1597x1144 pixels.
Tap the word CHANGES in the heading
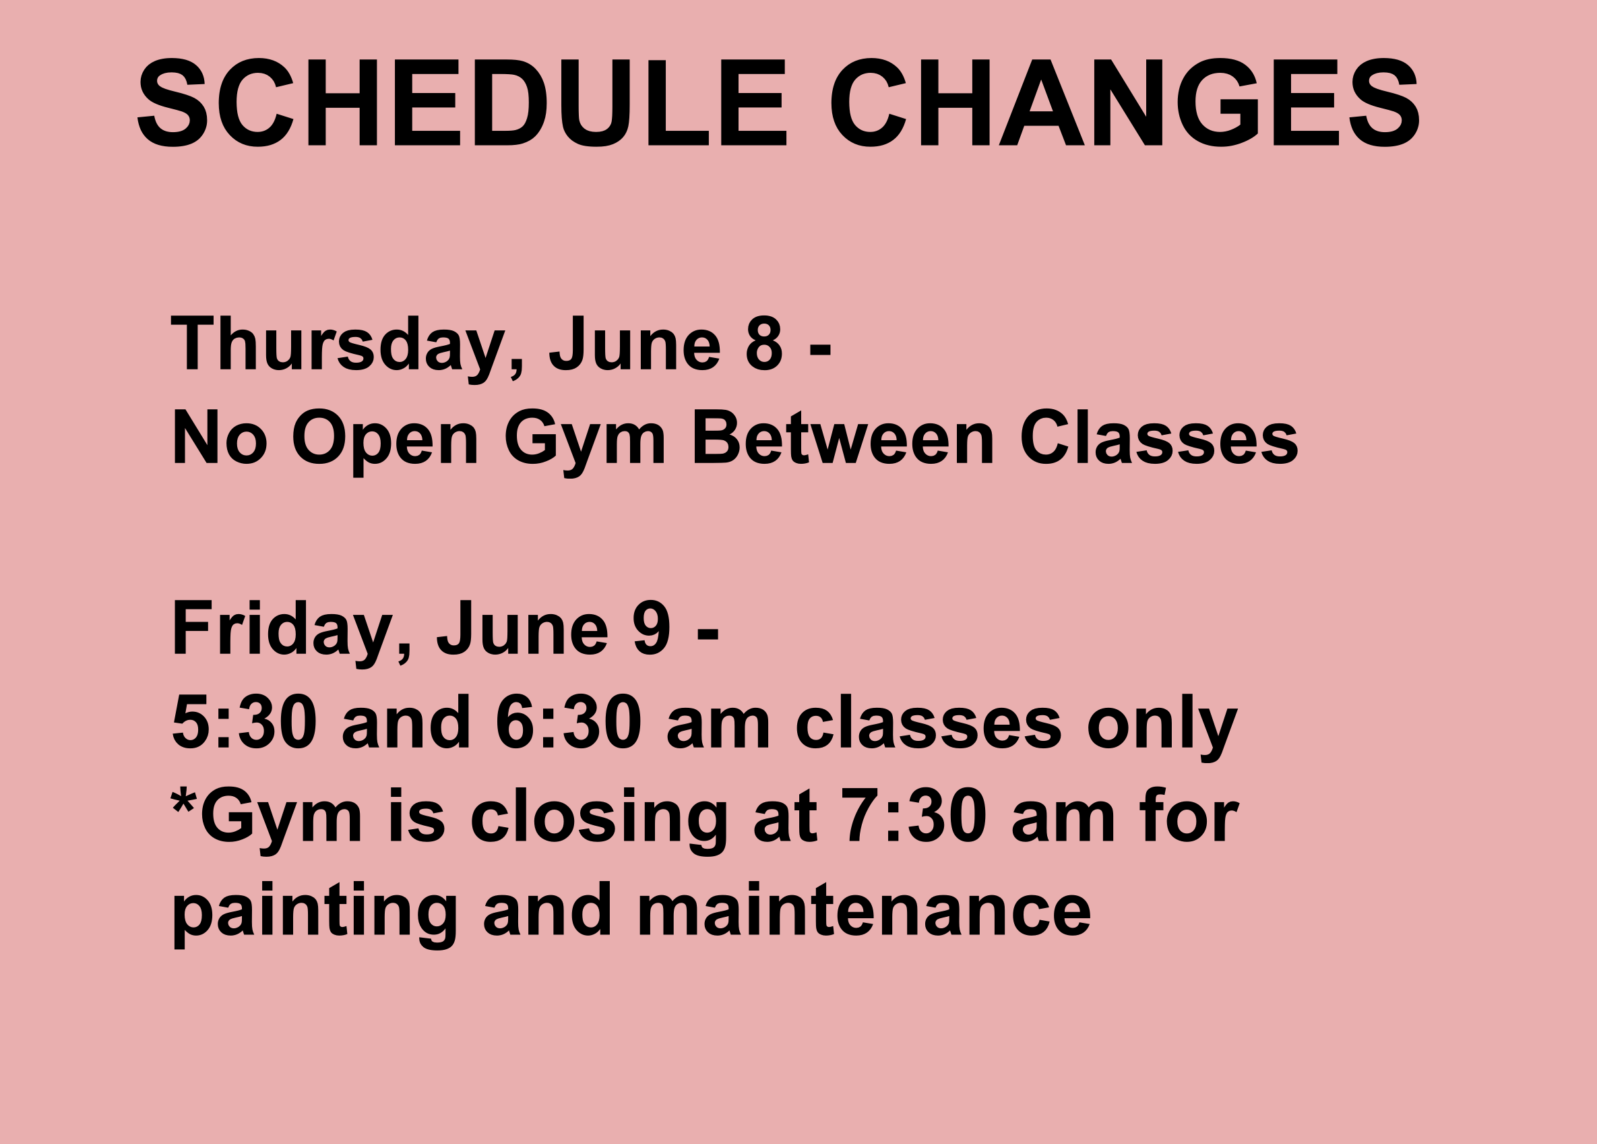point(1126,102)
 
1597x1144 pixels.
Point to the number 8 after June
point(764,343)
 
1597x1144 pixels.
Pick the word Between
point(843,437)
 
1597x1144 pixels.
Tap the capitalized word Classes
point(1159,437)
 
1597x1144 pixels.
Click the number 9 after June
point(652,628)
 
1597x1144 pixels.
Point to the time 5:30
point(245,722)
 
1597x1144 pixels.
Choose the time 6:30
point(569,722)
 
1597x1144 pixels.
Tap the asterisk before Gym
point(183,802)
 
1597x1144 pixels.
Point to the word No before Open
point(220,437)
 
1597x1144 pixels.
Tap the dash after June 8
point(820,350)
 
